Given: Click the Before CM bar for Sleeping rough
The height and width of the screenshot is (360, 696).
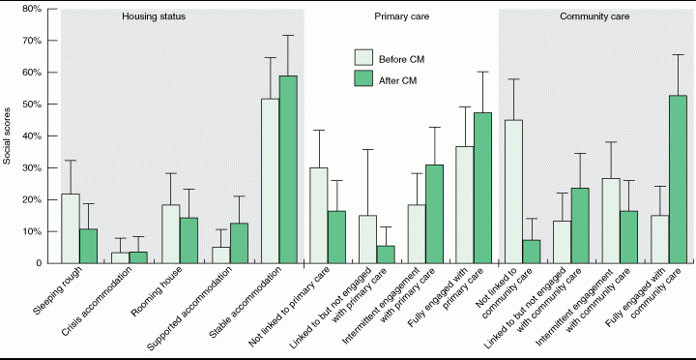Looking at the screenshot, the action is tap(71, 228).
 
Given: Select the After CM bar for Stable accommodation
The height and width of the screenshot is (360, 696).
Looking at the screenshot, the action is tap(288, 169).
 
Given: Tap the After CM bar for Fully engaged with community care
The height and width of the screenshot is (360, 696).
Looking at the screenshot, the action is tap(678, 180).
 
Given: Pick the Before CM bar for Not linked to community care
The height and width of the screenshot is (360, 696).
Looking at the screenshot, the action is tap(513, 192).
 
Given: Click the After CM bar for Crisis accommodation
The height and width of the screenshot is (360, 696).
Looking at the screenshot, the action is tap(138, 257).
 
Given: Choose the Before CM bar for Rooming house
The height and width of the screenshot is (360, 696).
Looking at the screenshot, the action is tap(170, 234).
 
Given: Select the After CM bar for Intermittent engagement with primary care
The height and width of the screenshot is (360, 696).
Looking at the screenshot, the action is tap(434, 214).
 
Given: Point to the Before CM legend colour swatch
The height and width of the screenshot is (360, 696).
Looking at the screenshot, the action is tap(363, 58).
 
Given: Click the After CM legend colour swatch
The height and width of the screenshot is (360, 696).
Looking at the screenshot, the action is tap(363, 80).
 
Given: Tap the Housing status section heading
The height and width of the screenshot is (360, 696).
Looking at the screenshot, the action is tap(154, 16).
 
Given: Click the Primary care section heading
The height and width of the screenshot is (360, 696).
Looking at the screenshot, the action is tap(402, 16).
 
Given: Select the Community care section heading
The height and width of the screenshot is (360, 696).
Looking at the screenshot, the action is tap(594, 16).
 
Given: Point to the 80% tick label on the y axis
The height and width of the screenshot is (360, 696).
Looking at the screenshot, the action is tap(32, 9).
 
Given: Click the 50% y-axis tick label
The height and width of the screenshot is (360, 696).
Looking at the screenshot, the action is tap(32, 104).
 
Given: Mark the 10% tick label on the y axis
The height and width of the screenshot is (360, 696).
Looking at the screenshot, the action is tap(32, 231).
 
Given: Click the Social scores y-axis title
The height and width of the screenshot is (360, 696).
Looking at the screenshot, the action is tap(7, 136).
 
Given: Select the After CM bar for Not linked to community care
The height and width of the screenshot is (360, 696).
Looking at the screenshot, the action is tap(532, 252).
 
